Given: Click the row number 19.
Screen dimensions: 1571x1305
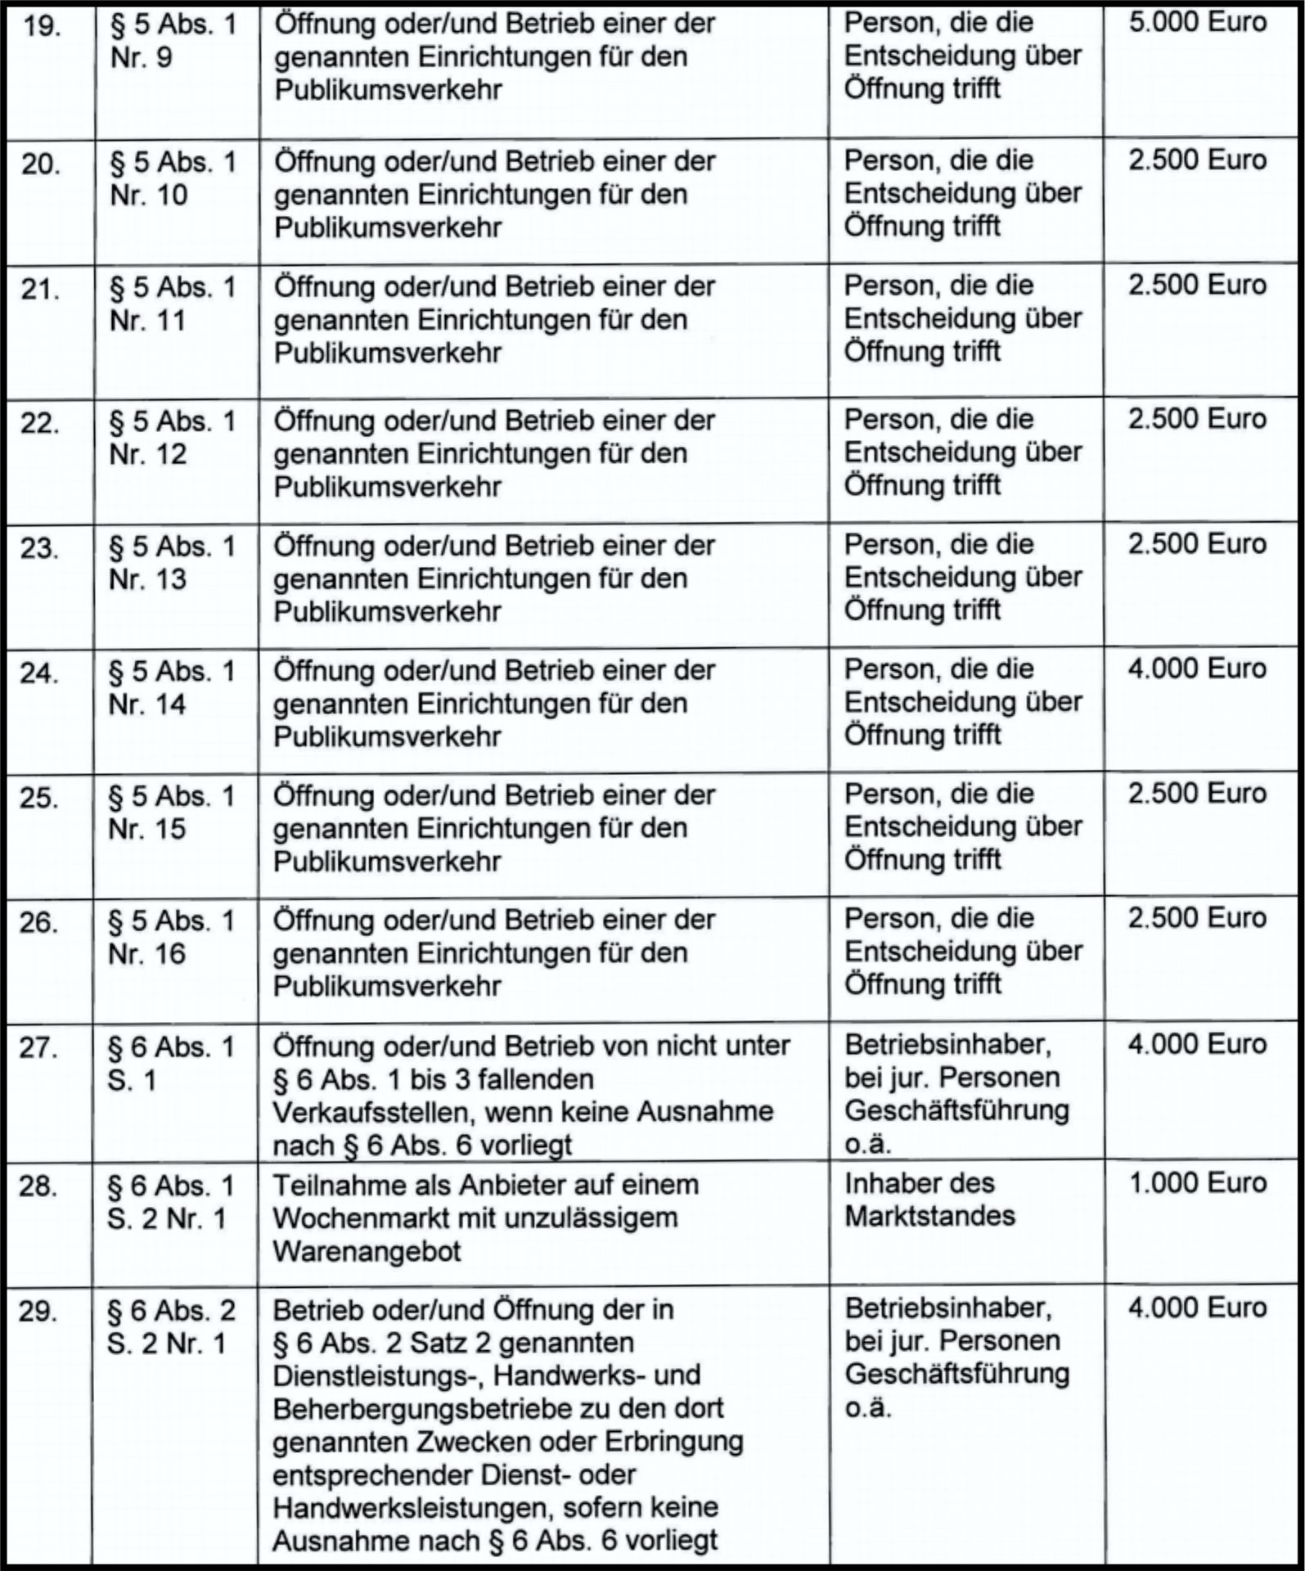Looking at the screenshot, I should (42, 27).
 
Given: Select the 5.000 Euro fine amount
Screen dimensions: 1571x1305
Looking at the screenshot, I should (1197, 22).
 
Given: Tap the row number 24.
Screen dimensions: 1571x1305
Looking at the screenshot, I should (39, 673).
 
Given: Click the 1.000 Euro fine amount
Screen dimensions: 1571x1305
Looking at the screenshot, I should (1197, 1183).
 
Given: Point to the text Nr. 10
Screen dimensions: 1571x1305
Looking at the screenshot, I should (149, 196).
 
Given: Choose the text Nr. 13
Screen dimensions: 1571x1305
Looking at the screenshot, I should (148, 579).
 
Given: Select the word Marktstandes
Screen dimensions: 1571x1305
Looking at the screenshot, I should (929, 1217).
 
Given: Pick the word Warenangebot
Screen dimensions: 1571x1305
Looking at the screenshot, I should (367, 1252).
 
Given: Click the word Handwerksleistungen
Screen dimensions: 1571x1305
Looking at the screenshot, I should (405, 1508).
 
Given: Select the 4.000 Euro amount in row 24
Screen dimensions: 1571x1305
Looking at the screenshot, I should (1197, 669).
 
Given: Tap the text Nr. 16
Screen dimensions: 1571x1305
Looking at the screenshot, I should (147, 954).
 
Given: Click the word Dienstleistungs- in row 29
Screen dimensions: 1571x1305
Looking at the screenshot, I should (378, 1376).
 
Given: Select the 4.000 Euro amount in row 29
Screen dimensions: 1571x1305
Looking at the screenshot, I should (1197, 1308).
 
